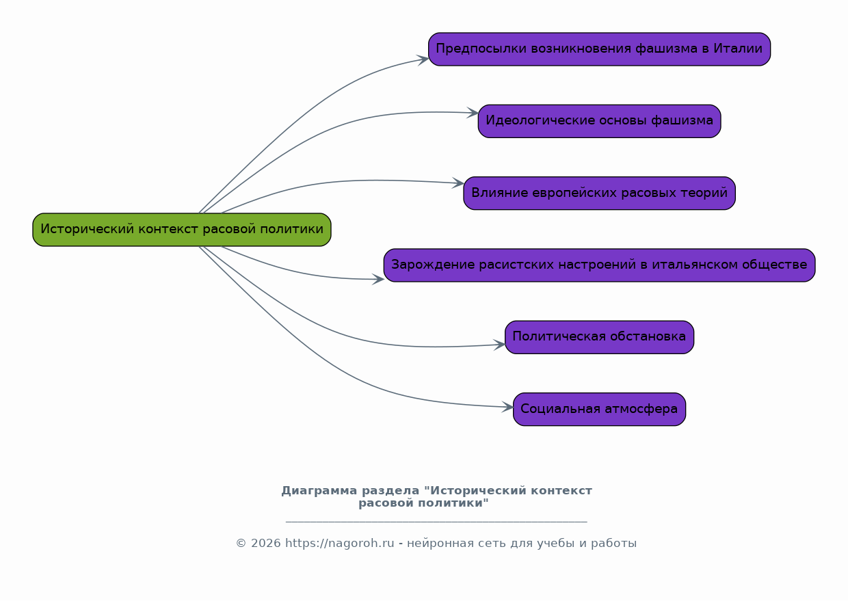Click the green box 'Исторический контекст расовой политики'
[182, 230]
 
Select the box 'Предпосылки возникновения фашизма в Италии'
[599, 49]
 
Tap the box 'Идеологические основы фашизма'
[599, 121]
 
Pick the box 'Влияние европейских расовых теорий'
[599, 193]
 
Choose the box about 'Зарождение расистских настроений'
[599, 265]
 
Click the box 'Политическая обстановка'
[599, 337]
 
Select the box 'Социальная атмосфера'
[599, 409]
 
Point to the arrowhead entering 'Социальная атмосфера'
[508, 408]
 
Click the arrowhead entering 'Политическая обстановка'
[500, 345]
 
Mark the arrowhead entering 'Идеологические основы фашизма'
[473, 113]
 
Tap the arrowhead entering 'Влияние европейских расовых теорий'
[458, 183]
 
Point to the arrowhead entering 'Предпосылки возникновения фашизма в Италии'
[423, 59]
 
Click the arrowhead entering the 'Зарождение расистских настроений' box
[378, 280]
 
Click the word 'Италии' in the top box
[738, 49]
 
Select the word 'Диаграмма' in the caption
[319, 491]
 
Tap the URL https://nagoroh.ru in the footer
[340, 544]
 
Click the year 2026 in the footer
[266, 544]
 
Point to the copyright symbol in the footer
[241, 544]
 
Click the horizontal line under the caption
[436, 522]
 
